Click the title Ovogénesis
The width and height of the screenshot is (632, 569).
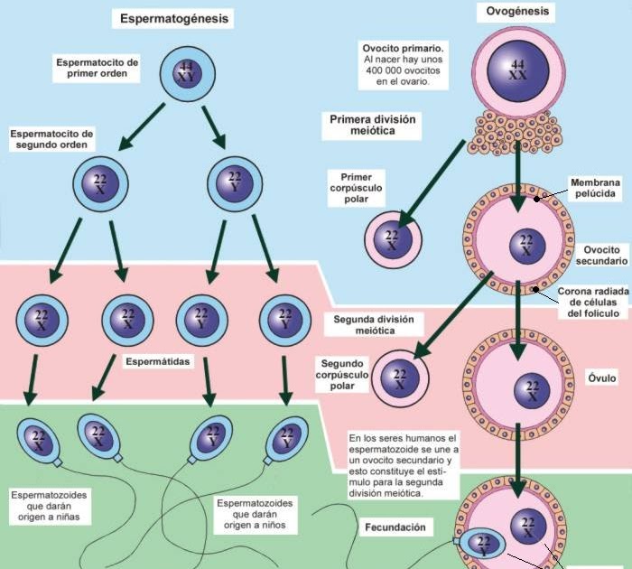pyautogui.click(x=516, y=13)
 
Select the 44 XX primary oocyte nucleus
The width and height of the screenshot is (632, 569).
pyautogui.click(x=517, y=70)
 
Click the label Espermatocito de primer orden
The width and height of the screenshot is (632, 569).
pyautogui.click(x=98, y=69)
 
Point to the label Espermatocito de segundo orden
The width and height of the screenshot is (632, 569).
pyautogui.click(x=52, y=139)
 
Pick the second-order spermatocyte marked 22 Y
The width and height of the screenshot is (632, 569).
pyautogui.click(x=236, y=183)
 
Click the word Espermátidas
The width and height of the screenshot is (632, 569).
pyautogui.click(x=158, y=361)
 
